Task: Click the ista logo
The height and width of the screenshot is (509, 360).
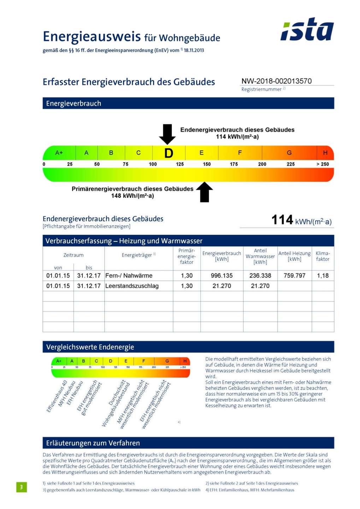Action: (307, 29)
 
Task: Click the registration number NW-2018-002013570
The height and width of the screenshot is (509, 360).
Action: (276, 81)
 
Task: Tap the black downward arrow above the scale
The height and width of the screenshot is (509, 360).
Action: (167, 134)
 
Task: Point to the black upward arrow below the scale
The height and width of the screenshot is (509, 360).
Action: (204, 192)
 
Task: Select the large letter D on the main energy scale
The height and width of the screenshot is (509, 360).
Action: (169, 153)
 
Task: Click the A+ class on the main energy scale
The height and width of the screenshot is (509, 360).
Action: (59, 153)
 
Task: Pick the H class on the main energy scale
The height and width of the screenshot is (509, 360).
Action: (325, 153)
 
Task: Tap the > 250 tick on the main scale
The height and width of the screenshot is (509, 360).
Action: (322, 164)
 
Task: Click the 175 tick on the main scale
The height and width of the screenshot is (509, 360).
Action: (234, 164)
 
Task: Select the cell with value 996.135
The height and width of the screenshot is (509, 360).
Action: (222, 276)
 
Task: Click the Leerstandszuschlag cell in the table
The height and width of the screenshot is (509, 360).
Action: (132, 286)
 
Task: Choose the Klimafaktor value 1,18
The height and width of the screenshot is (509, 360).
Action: (323, 276)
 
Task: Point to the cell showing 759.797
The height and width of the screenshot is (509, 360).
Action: (294, 276)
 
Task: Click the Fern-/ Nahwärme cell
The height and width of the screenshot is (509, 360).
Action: (129, 276)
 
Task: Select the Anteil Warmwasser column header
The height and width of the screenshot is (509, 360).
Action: (260, 256)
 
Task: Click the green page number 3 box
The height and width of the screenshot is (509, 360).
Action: (21, 487)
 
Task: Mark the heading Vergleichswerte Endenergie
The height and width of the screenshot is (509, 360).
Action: (90, 347)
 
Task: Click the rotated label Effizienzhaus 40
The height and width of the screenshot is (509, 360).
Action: (57, 397)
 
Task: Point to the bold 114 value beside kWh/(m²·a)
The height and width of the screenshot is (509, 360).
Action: (282, 220)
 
